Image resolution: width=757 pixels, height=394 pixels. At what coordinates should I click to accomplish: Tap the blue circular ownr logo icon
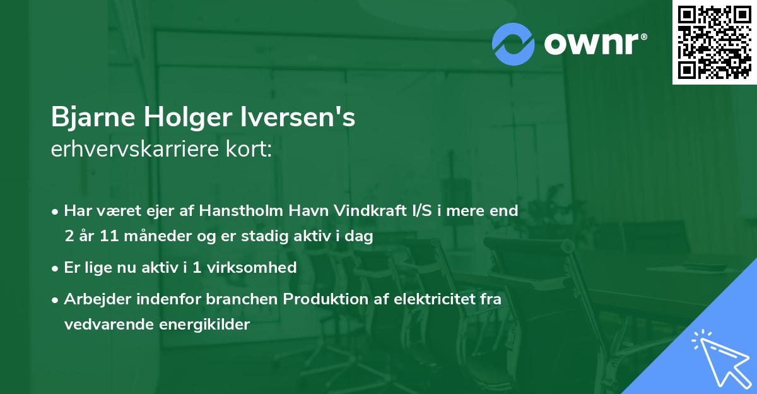513,44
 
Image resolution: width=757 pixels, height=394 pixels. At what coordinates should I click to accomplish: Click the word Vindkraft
361,211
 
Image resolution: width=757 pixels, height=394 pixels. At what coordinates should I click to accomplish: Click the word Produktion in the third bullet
321,299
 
